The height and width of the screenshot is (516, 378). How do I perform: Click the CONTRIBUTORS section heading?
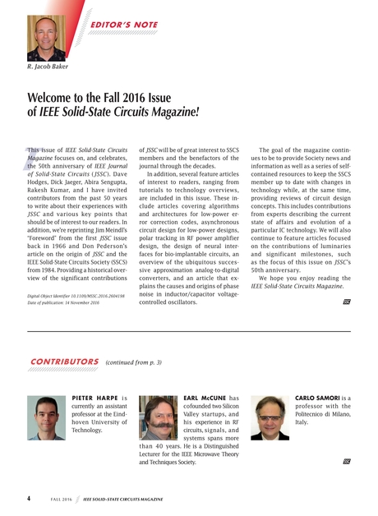pyautogui.click(x=64, y=362)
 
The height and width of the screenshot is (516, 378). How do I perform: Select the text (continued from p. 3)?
pyautogui.click(x=134, y=362)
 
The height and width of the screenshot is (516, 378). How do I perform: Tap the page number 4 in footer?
pyautogui.click(x=29, y=498)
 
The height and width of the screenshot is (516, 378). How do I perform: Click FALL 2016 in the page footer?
pyautogui.click(x=62, y=499)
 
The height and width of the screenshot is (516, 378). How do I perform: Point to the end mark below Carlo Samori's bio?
pyautogui.click(x=346, y=461)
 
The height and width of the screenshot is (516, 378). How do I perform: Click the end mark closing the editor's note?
pyautogui.click(x=346, y=302)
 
